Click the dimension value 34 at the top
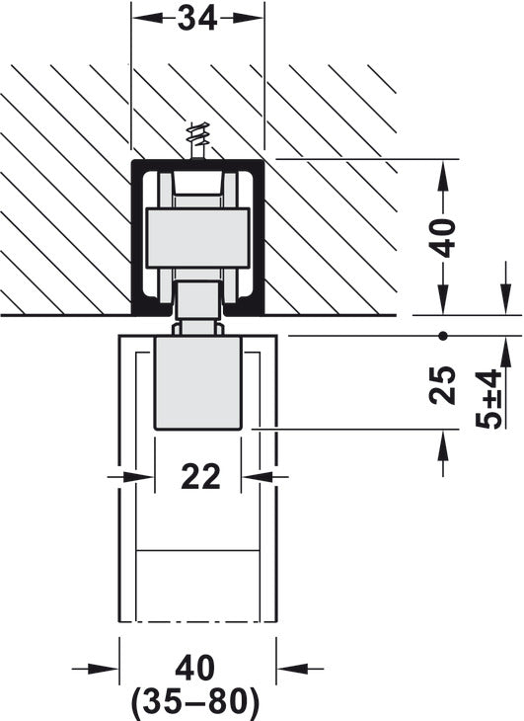[198, 18]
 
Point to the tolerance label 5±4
[487, 399]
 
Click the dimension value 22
[199, 477]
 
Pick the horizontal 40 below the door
[197, 669]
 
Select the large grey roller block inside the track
[197, 237]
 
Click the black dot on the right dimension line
[443, 336]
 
